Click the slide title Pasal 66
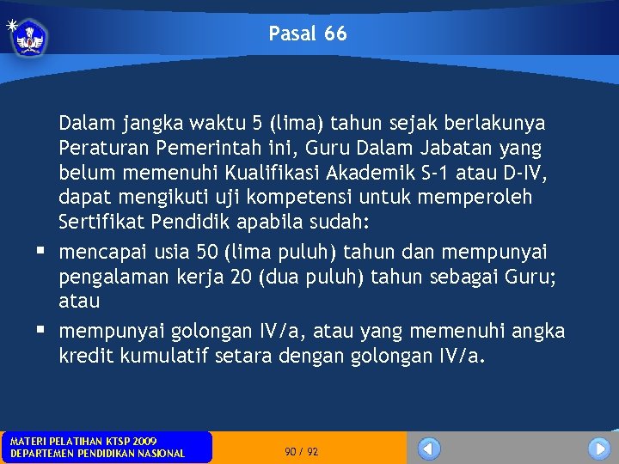[x=308, y=34]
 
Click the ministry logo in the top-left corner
[x=29, y=37]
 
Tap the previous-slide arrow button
[x=429, y=449]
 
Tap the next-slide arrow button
[x=598, y=449]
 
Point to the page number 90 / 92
[x=302, y=451]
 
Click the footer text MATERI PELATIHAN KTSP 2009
[x=83, y=441]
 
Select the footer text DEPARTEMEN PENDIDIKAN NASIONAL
[x=97, y=453]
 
